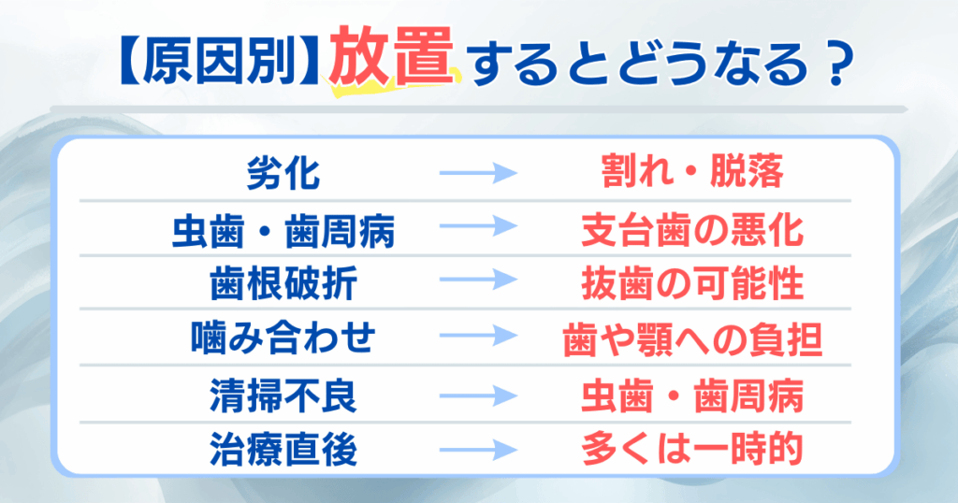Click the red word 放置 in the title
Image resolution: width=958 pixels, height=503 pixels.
pos(396,65)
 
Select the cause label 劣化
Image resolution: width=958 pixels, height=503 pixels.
pos(283,173)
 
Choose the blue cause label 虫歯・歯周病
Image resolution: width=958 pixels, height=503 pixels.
pos(283,231)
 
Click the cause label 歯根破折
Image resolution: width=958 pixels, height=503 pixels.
pos(283,283)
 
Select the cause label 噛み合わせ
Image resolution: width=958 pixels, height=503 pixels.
pos(283,338)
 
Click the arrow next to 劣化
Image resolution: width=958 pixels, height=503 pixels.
pos(478,173)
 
